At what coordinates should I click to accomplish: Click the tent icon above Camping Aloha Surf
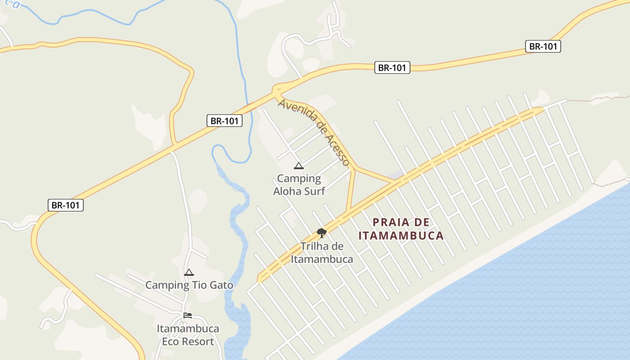coord(298,166)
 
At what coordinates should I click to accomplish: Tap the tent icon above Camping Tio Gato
coord(189,272)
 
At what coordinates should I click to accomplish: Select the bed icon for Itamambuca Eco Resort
coord(188,315)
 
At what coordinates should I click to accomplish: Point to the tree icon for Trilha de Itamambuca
coord(321,233)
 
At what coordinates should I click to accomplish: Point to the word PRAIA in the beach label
coord(391,222)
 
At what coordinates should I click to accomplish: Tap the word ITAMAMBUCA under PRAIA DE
coord(401,235)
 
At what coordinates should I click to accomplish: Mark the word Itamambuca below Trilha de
coord(322,259)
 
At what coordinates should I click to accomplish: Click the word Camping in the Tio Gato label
coord(167,285)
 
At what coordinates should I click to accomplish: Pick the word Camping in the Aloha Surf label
coord(299,179)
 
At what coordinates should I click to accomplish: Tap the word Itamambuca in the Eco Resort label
coord(188,328)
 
